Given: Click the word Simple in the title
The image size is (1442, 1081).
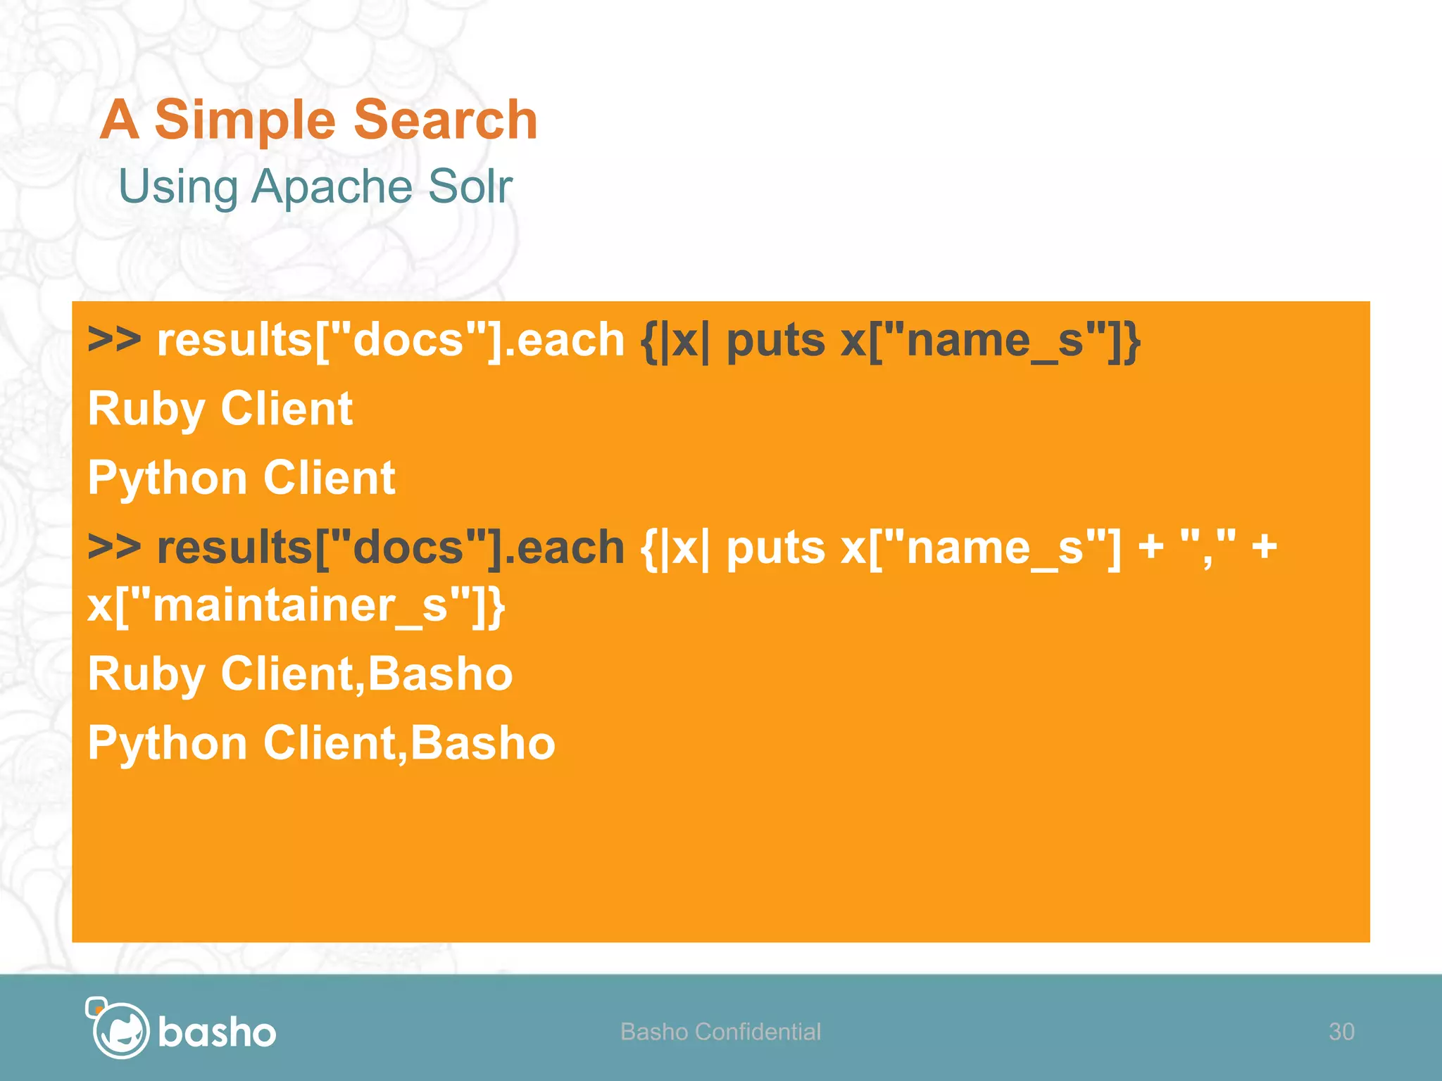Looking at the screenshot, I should (244, 120).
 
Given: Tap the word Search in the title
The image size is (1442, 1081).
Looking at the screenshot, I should (446, 120).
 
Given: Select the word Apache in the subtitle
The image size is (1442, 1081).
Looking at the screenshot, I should (332, 187).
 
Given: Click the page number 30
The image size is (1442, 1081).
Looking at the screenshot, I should (1341, 1032).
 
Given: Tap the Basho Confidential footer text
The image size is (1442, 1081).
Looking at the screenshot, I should (720, 1032).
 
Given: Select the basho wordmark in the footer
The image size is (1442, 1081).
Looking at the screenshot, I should (217, 1032).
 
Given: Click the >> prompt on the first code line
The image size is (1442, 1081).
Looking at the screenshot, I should (114, 339).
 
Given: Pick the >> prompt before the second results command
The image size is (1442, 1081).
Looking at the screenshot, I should (114, 547).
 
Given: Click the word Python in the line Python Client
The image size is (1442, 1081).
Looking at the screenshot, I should (167, 479).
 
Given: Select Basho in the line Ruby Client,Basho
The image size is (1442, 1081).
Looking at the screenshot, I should (440, 674).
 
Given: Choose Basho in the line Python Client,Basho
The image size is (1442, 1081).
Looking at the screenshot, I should (483, 743).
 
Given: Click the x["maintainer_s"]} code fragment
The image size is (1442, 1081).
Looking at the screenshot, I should (296, 605).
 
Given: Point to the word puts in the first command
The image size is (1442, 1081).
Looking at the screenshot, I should (775, 341).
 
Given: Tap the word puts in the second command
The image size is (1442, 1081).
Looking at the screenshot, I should (775, 548).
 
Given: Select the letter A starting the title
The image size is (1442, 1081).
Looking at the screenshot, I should (119, 120).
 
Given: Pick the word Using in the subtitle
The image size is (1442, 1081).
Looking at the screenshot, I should (178, 187).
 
